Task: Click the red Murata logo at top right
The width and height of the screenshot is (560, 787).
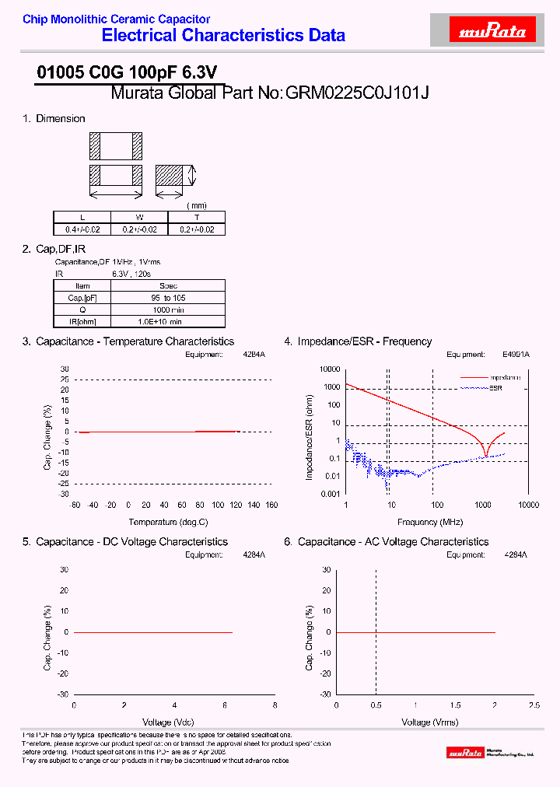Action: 493,31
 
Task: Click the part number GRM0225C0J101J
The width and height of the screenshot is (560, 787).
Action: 358,93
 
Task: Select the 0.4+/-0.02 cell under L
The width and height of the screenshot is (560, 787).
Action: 82,229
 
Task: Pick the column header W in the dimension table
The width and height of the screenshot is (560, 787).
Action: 140,218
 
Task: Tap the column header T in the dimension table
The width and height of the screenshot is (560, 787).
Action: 197,218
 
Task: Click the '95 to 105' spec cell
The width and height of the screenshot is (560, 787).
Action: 168,298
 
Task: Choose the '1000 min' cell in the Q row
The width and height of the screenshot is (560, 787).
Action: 168,310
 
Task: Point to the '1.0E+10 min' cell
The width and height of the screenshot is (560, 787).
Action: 168,321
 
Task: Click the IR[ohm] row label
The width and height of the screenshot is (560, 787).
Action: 82,321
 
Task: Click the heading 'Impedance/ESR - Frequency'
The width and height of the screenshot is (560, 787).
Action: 364,341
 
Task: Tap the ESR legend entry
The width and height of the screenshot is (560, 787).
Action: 495,387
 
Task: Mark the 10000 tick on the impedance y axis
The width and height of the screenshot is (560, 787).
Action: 330,369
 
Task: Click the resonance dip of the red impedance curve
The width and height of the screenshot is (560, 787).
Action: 486,456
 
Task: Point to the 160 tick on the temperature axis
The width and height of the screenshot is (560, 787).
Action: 271,505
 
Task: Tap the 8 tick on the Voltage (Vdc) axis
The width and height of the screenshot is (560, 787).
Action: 275,705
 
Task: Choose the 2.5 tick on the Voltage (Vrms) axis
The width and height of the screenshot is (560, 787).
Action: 534,705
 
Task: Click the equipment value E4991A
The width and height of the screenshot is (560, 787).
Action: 515,355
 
